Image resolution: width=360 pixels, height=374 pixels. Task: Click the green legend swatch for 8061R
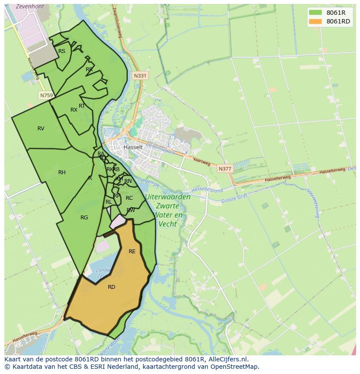click(x=315, y=13)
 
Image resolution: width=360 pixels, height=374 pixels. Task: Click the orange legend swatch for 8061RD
click(x=315, y=21)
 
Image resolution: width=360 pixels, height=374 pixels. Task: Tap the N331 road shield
click(x=140, y=76)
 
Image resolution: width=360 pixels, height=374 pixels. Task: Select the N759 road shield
click(x=46, y=95)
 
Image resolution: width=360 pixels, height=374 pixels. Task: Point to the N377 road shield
click(x=225, y=169)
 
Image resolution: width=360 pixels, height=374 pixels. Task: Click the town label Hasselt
click(x=133, y=147)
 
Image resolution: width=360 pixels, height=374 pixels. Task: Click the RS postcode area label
click(x=62, y=51)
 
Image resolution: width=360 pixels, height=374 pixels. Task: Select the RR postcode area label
click(x=89, y=70)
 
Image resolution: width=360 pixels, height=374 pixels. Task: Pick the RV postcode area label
click(x=41, y=129)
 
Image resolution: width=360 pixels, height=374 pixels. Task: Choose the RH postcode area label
click(x=62, y=172)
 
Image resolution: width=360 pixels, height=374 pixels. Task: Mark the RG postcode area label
click(x=84, y=218)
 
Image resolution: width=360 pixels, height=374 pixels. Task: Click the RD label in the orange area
click(x=111, y=287)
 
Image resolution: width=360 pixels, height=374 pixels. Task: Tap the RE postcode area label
click(x=132, y=252)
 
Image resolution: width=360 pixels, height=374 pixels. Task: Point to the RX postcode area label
click(x=74, y=110)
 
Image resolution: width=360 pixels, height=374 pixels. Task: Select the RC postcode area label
click(x=129, y=198)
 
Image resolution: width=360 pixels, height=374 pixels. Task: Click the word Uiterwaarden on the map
click(x=167, y=197)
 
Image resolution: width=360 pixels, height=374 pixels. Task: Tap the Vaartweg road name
click(x=202, y=162)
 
